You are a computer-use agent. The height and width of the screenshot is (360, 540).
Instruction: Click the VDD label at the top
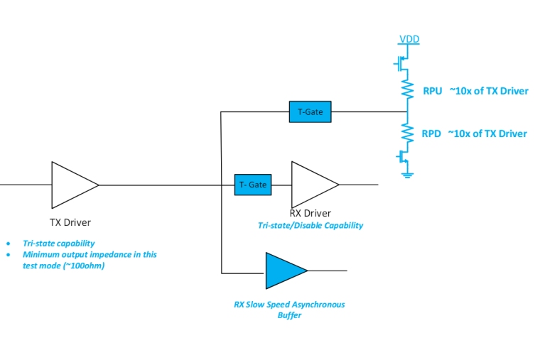click(409, 39)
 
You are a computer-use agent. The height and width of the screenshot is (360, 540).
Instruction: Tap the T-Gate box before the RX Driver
click(253, 185)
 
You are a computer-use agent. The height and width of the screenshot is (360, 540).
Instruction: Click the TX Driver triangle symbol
click(71, 185)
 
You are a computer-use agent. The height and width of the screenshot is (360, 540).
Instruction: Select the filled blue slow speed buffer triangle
click(284, 271)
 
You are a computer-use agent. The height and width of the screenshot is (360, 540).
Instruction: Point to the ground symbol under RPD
click(407, 173)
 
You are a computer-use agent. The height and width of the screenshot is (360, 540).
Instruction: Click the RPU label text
click(432, 91)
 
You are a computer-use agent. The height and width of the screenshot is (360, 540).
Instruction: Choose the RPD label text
click(431, 133)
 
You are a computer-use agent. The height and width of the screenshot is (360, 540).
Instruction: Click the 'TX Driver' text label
click(70, 222)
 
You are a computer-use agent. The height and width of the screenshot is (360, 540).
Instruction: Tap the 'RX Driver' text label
click(310, 213)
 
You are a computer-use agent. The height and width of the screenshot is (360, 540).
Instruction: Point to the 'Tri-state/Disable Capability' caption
click(310, 225)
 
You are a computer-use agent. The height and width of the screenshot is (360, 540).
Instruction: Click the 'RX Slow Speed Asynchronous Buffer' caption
click(289, 310)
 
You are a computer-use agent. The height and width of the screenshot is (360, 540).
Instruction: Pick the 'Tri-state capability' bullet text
click(58, 243)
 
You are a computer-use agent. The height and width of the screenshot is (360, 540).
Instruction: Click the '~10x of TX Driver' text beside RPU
click(488, 91)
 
